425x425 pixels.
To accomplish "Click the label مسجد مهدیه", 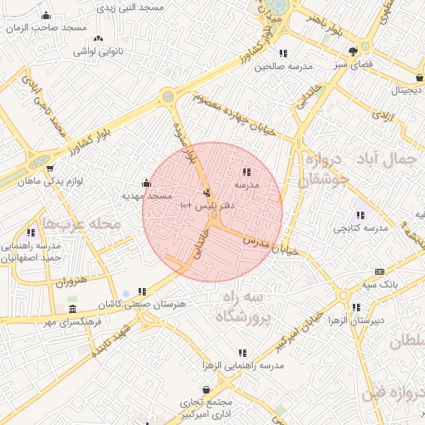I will [x=147, y=196].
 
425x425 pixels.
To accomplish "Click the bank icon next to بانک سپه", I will [x=380, y=271].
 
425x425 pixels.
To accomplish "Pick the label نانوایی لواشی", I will [x=98, y=51].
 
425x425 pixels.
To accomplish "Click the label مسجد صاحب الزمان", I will [x=46, y=27].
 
